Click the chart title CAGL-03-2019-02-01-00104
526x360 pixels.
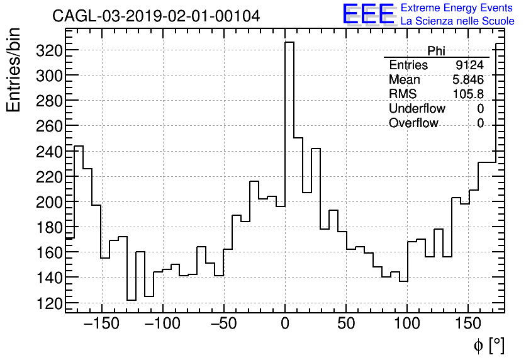(156, 16)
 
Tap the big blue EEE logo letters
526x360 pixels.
(368, 14)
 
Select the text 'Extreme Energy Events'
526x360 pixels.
(457, 8)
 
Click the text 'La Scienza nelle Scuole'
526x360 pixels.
(457, 21)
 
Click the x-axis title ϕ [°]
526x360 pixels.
(489, 345)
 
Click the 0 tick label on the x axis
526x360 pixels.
(285, 323)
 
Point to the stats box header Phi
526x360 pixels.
(436, 51)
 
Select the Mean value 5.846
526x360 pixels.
(468, 80)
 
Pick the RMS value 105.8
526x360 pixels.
(468, 94)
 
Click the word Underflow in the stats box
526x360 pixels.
(417, 109)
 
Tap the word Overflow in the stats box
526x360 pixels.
(413, 123)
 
